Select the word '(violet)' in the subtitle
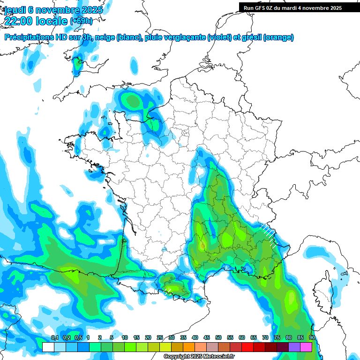(220, 37)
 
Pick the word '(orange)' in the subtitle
(278, 37)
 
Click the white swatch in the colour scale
(48, 347)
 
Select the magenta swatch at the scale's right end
(306, 347)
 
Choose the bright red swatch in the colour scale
(247, 347)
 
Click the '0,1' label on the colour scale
(55, 338)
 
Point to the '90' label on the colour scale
(312, 338)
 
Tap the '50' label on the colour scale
(218, 338)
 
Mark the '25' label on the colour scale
(160, 338)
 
